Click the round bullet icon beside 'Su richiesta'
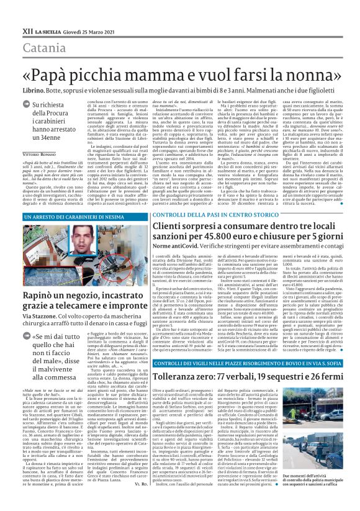point(28,106)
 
